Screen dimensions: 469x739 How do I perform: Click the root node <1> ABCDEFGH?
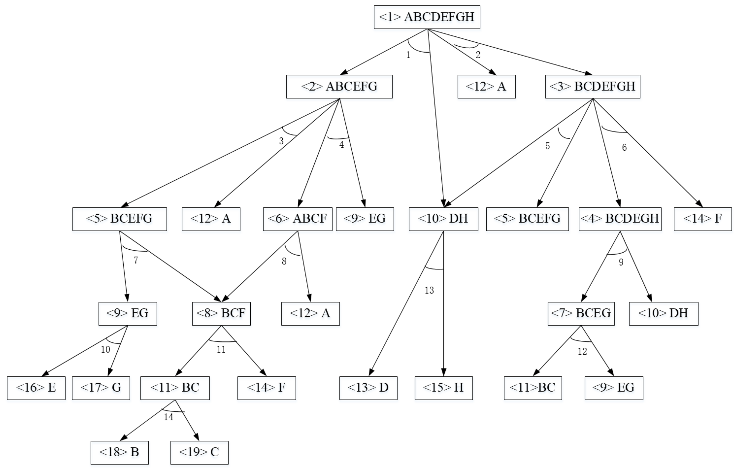point(427,17)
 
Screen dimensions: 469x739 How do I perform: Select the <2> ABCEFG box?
point(339,87)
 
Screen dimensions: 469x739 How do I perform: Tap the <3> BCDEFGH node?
point(592,87)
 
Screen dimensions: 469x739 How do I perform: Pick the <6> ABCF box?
point(297,219)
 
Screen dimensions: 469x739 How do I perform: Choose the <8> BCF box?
point(221,313)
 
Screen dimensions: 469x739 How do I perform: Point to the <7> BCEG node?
point(581,313)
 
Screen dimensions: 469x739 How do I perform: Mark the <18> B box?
point(119,452)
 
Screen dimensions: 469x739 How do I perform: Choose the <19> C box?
point(199,452)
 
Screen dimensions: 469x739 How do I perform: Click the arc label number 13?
point(429,290)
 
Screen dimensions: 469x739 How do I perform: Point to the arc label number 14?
point(169,417)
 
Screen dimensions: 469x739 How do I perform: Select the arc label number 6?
point(624,148)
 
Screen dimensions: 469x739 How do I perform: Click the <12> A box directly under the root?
point(486,87)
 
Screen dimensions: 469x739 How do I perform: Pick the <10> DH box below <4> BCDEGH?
point(663,313)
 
